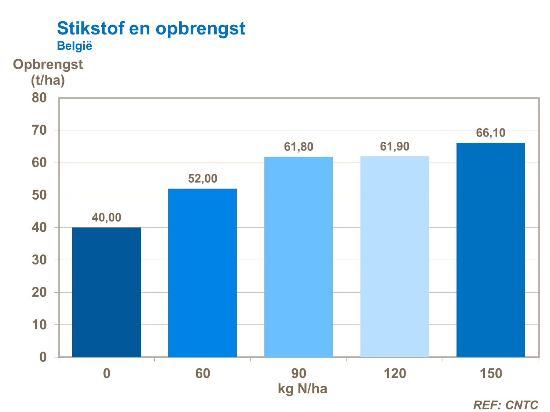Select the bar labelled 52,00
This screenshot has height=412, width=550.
point(202,272)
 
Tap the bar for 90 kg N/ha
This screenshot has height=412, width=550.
point(298,257)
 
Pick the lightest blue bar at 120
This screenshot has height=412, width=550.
point(395,256)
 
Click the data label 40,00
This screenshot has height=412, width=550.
point(106,218)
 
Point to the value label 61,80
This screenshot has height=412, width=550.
point(298,147)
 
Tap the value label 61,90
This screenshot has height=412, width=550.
point(395,146)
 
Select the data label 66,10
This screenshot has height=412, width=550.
point(491,133)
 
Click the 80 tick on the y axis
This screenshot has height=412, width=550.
point(39,98)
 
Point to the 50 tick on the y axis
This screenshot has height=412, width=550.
point(39,195)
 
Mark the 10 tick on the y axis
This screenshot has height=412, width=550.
point(39,324)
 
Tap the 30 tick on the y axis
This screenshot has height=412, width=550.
point(39,260)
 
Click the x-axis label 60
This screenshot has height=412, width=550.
point(202,374)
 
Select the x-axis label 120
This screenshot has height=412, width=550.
point(395,374)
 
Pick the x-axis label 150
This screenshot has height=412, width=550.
point(491,374)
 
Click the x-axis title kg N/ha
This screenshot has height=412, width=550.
point(302,389)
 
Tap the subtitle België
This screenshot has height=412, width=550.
point(74,46)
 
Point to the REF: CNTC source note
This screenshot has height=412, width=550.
point(506,405)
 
